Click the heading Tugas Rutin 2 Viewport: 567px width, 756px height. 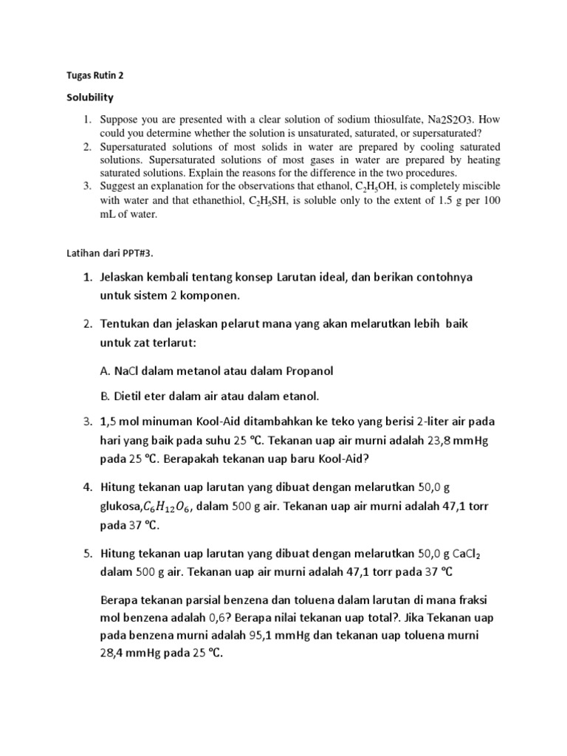tap(92, 74)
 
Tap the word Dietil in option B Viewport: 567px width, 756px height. tap(131, 396)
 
